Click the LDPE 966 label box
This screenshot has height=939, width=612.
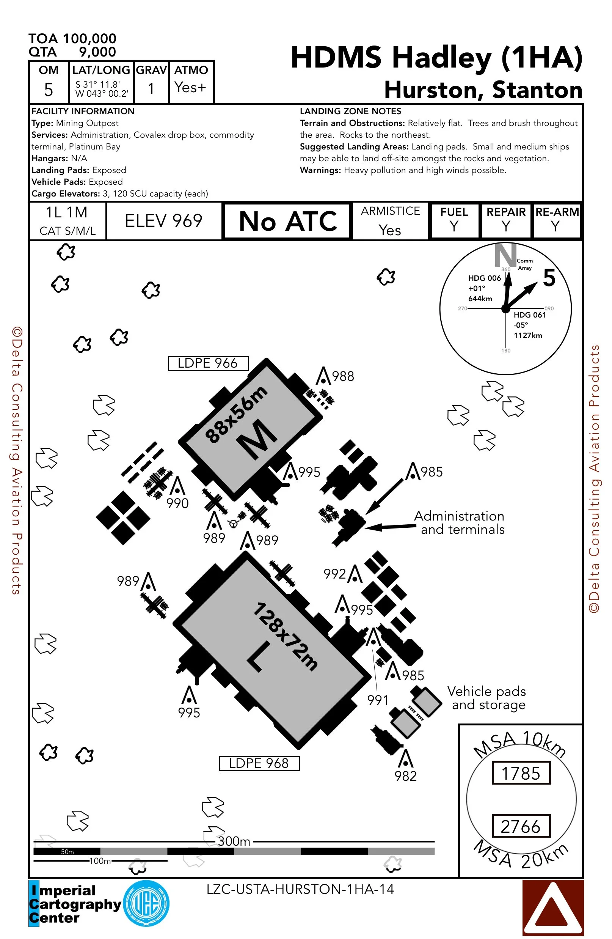point(208,363)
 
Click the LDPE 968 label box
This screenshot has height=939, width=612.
point(259,763)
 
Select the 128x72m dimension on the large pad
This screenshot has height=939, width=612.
point(285,636)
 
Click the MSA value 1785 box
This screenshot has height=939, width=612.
point(521,773)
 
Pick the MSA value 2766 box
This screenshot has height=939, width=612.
point(521,826)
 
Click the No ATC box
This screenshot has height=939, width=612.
point(287,221)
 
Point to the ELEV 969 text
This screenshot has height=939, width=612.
point(163,220)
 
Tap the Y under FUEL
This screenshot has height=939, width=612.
point(454,226)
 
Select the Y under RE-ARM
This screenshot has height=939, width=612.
point(555,226)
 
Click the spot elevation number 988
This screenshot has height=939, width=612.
point(343,376)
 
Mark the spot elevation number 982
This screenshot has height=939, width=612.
point(405,776)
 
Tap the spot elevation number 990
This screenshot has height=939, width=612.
point(177,503)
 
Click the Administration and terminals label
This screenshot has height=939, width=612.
point(460,522)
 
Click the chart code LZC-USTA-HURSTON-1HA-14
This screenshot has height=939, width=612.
point(300,889)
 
